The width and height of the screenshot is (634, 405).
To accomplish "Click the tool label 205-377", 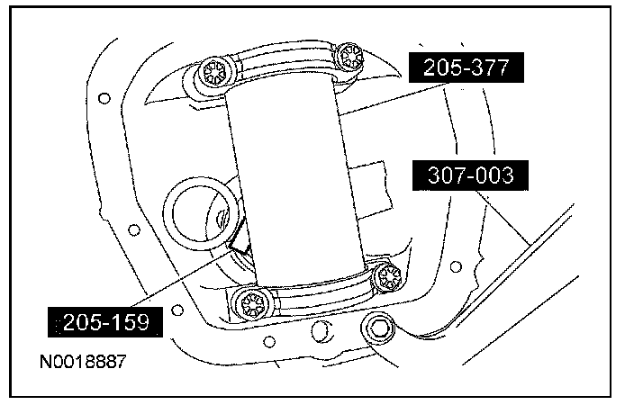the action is click(466, 67).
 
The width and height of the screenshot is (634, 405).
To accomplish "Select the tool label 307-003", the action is click(470, 175).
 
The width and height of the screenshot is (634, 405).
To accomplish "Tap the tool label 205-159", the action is click(105, 322).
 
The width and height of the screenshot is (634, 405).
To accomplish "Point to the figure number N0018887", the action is click(83, 361).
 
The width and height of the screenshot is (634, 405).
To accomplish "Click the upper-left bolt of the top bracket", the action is click(213, 74).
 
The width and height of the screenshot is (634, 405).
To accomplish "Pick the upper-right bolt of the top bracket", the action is click(349, 58).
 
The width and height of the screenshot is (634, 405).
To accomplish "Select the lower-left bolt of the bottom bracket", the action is click(253, 304).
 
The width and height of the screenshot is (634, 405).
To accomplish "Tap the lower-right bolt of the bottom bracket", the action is click(388, 277).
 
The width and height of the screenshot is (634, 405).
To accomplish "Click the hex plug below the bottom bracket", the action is click(378, 327).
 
